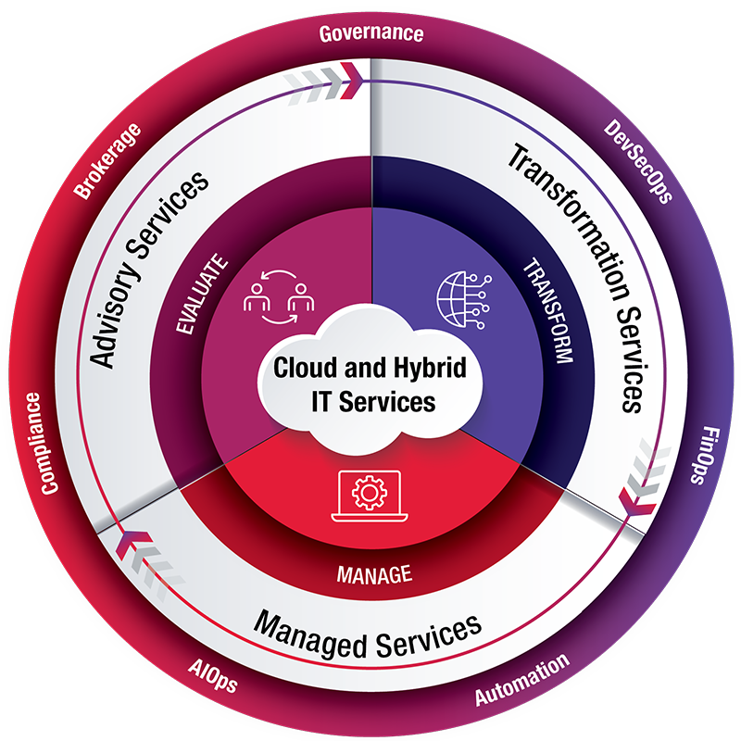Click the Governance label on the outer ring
[x=370, y=34]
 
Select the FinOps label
[x=707, y=456]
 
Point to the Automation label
[x=521, y=681]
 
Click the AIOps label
[x=212, y=677]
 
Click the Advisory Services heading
[x=149, y=269]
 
